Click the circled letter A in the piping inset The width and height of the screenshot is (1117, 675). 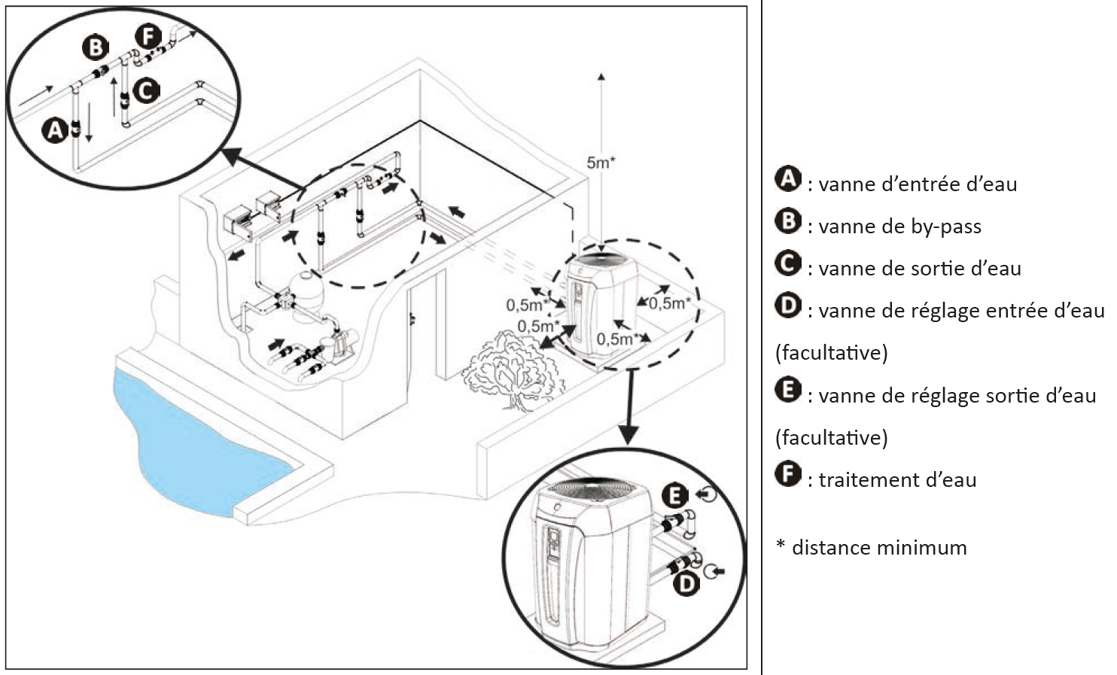54,130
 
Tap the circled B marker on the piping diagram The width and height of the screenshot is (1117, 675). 95,48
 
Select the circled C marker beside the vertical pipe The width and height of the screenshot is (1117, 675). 146,90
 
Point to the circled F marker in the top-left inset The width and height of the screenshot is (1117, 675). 148,35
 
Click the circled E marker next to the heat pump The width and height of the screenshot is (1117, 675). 675,495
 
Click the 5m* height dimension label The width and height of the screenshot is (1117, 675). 601,163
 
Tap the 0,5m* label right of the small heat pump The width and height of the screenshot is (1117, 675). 669,303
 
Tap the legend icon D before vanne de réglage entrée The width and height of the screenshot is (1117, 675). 788,306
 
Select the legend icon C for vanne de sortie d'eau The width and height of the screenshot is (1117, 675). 788,263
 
